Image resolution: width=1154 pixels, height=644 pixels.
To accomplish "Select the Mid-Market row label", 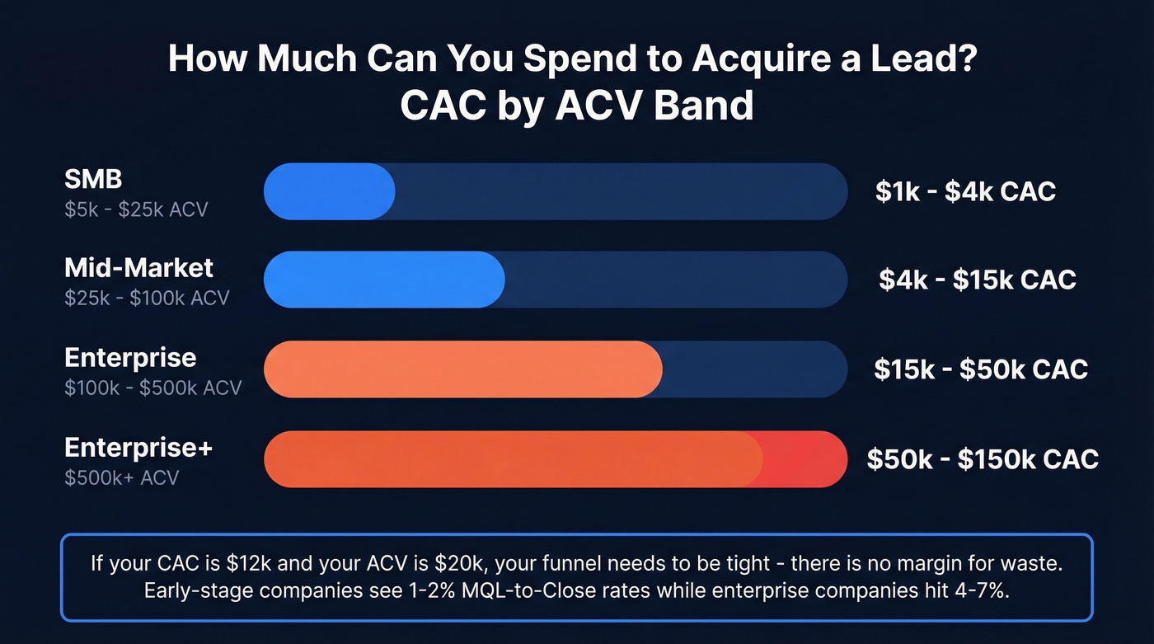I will click(138, 267).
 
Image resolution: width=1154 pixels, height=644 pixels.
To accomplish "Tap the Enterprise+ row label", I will click(138, 448).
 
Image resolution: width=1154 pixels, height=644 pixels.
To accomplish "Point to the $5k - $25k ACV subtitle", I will click(136, 209).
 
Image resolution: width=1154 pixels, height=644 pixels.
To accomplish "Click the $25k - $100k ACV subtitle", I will click(147, 298).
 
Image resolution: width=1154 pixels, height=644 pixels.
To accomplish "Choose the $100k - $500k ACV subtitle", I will click(152, 387).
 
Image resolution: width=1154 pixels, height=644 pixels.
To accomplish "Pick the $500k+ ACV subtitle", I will click(121, 477).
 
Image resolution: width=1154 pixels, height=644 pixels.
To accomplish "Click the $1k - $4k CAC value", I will click(965, 191).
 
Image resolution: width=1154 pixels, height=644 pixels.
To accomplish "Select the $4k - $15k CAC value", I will click(977, 280).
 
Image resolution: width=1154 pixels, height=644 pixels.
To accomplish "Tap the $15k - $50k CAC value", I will click(981, 369).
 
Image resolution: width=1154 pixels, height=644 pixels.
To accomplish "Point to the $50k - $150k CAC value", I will click(983, 458).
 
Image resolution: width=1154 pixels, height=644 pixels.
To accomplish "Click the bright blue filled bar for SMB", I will click(329, 191).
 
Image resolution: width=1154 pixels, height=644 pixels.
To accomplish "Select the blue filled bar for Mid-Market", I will click(383, 280).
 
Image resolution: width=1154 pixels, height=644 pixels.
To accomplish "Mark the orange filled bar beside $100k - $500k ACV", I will click(462, 369).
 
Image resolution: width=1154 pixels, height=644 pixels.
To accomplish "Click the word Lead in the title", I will click(927, 60).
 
